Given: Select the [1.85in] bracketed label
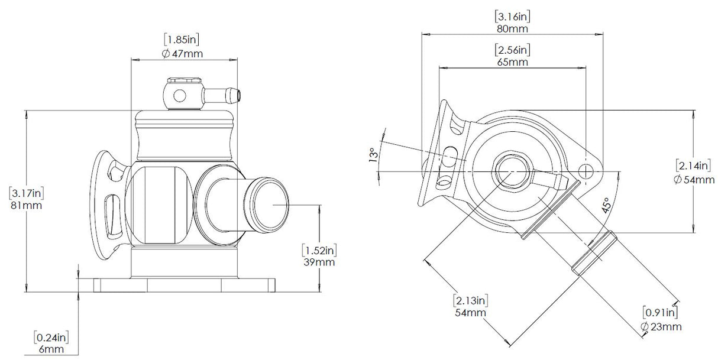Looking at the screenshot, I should tap(183, 40).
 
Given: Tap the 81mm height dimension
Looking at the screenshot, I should tap(26, 206).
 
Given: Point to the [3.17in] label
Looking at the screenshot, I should tap(26, 193).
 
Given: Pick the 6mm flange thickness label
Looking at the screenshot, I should tap(52, 350).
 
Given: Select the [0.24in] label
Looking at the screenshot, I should tap(52, 338).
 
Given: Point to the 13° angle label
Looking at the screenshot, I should tap(373, 155).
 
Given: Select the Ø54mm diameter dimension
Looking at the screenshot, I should tap(694, 179).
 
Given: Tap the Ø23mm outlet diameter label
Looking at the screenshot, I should tap(661, 326).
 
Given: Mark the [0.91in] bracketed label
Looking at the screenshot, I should tap(661, 313).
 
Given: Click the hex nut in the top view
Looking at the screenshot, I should tap(509, 171).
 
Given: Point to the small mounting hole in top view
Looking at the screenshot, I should tap(586, 171).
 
